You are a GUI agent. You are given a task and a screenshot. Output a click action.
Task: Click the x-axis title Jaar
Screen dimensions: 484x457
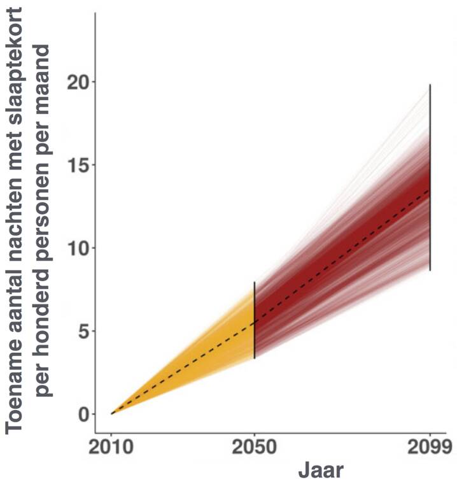(321, 471)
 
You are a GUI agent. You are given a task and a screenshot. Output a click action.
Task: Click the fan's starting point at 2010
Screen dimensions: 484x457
(112, 414)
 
